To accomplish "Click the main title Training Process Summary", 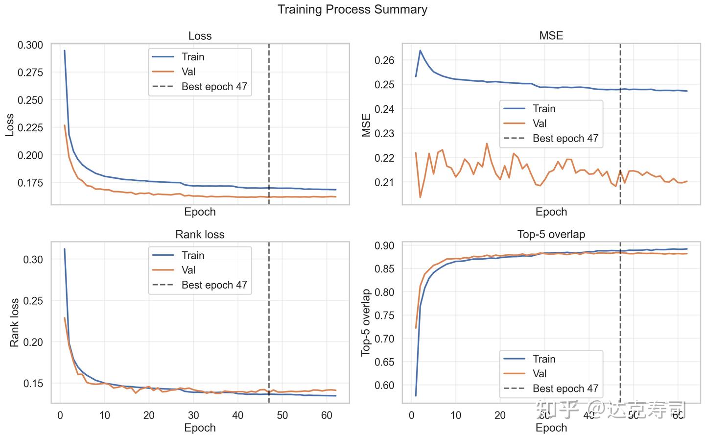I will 352,9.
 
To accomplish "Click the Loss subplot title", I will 200,36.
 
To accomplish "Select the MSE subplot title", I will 551,36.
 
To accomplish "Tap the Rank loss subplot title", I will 200,234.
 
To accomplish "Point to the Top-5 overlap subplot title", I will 551,234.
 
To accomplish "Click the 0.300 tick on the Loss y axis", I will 30,45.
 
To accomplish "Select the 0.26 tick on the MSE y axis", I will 384,60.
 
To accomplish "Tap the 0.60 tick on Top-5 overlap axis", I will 384,385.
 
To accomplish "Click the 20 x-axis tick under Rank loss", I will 149,415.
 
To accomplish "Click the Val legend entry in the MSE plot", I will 540,123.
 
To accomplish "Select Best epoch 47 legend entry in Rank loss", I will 214,285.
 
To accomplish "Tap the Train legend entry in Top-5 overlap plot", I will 543,359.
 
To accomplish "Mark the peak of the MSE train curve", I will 420,50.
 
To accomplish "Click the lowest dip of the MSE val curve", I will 420,197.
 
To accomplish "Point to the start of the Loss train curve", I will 64,50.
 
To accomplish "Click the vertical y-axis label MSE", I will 366,125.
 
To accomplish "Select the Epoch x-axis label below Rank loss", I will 200,427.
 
